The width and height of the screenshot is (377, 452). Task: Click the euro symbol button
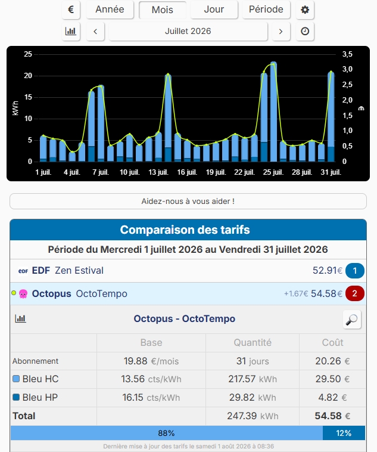(71, 10)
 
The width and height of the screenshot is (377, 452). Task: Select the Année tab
(110, 10)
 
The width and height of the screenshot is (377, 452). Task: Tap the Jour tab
(214, 10)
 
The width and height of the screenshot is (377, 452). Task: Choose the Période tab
(266, 10)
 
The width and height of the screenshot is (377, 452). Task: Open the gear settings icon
(305, 10)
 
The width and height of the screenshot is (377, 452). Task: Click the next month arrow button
(281, 31)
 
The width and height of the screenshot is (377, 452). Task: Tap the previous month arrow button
(95, 31)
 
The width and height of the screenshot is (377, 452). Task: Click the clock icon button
(305, 31)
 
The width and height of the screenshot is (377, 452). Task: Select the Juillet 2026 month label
(188, 31)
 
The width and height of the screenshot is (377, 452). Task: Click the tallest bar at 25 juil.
(273, 112)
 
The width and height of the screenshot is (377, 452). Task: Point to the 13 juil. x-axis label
(158, 172)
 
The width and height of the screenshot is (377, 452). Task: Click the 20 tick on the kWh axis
(28, 76)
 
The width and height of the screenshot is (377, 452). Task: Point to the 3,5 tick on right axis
(347, 54)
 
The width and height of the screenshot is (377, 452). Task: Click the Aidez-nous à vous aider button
(188, 201)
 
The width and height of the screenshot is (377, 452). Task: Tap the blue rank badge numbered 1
(355, 271)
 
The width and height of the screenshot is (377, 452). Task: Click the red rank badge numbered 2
(355, 293)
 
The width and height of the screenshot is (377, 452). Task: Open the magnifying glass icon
(352, 320)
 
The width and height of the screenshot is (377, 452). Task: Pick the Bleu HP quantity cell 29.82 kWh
(253, 398)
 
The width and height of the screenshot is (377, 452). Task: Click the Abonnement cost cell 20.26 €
(332, 361)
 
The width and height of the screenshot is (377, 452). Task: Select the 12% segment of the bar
(344, 433)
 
